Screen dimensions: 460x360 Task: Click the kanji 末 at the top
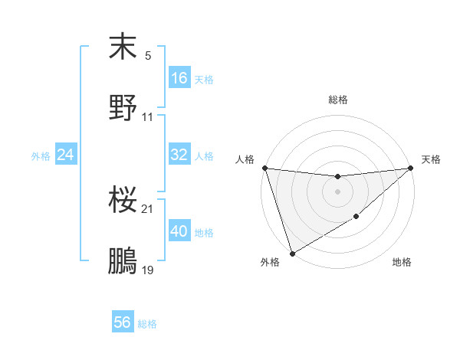point(123,47)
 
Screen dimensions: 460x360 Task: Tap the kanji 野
point(123,108)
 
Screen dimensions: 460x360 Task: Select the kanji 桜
point(123,201)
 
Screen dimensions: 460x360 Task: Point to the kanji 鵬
point(123,261)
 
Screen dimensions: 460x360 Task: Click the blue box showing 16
point(179,77)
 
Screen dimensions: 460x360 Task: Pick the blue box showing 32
point(179,155)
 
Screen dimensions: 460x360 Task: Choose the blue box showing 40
point(179,231)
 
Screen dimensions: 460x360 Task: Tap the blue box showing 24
point(66,155)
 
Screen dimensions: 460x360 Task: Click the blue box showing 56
point(123,322)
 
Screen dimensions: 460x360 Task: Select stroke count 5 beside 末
point(148,56)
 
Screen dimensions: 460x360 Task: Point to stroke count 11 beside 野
point(148,117)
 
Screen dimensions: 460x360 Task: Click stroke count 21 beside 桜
point(148,209)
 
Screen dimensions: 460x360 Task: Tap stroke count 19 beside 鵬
point(148,270)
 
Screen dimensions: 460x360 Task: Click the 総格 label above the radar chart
point(338,100)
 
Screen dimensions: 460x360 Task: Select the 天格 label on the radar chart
point(432,159)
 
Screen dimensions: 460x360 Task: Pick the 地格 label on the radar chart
point(402,263)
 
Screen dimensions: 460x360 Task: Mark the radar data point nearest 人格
point(264,168)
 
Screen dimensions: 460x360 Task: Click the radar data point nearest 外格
point(292,254)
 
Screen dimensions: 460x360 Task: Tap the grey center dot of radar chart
point(337,191)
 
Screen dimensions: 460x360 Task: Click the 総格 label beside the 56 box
point(147,323)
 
